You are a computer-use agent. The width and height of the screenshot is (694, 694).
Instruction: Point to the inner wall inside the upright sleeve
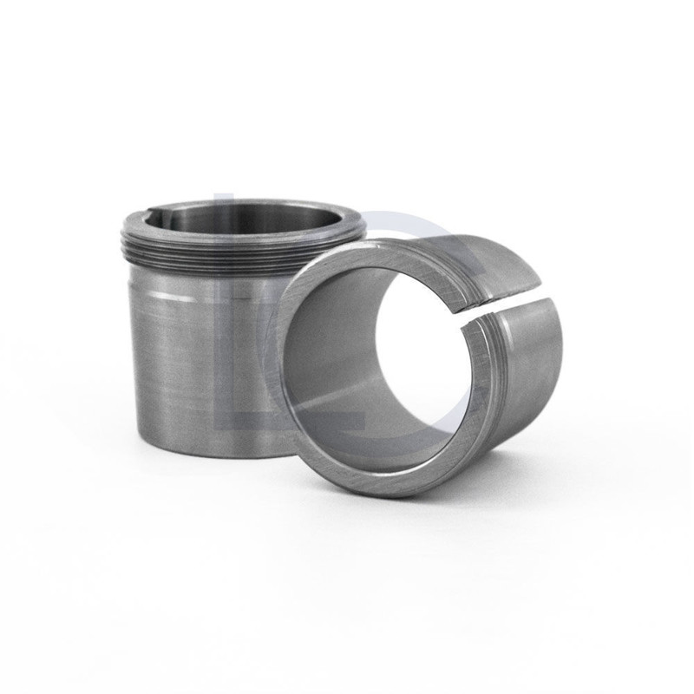(260, 217)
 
